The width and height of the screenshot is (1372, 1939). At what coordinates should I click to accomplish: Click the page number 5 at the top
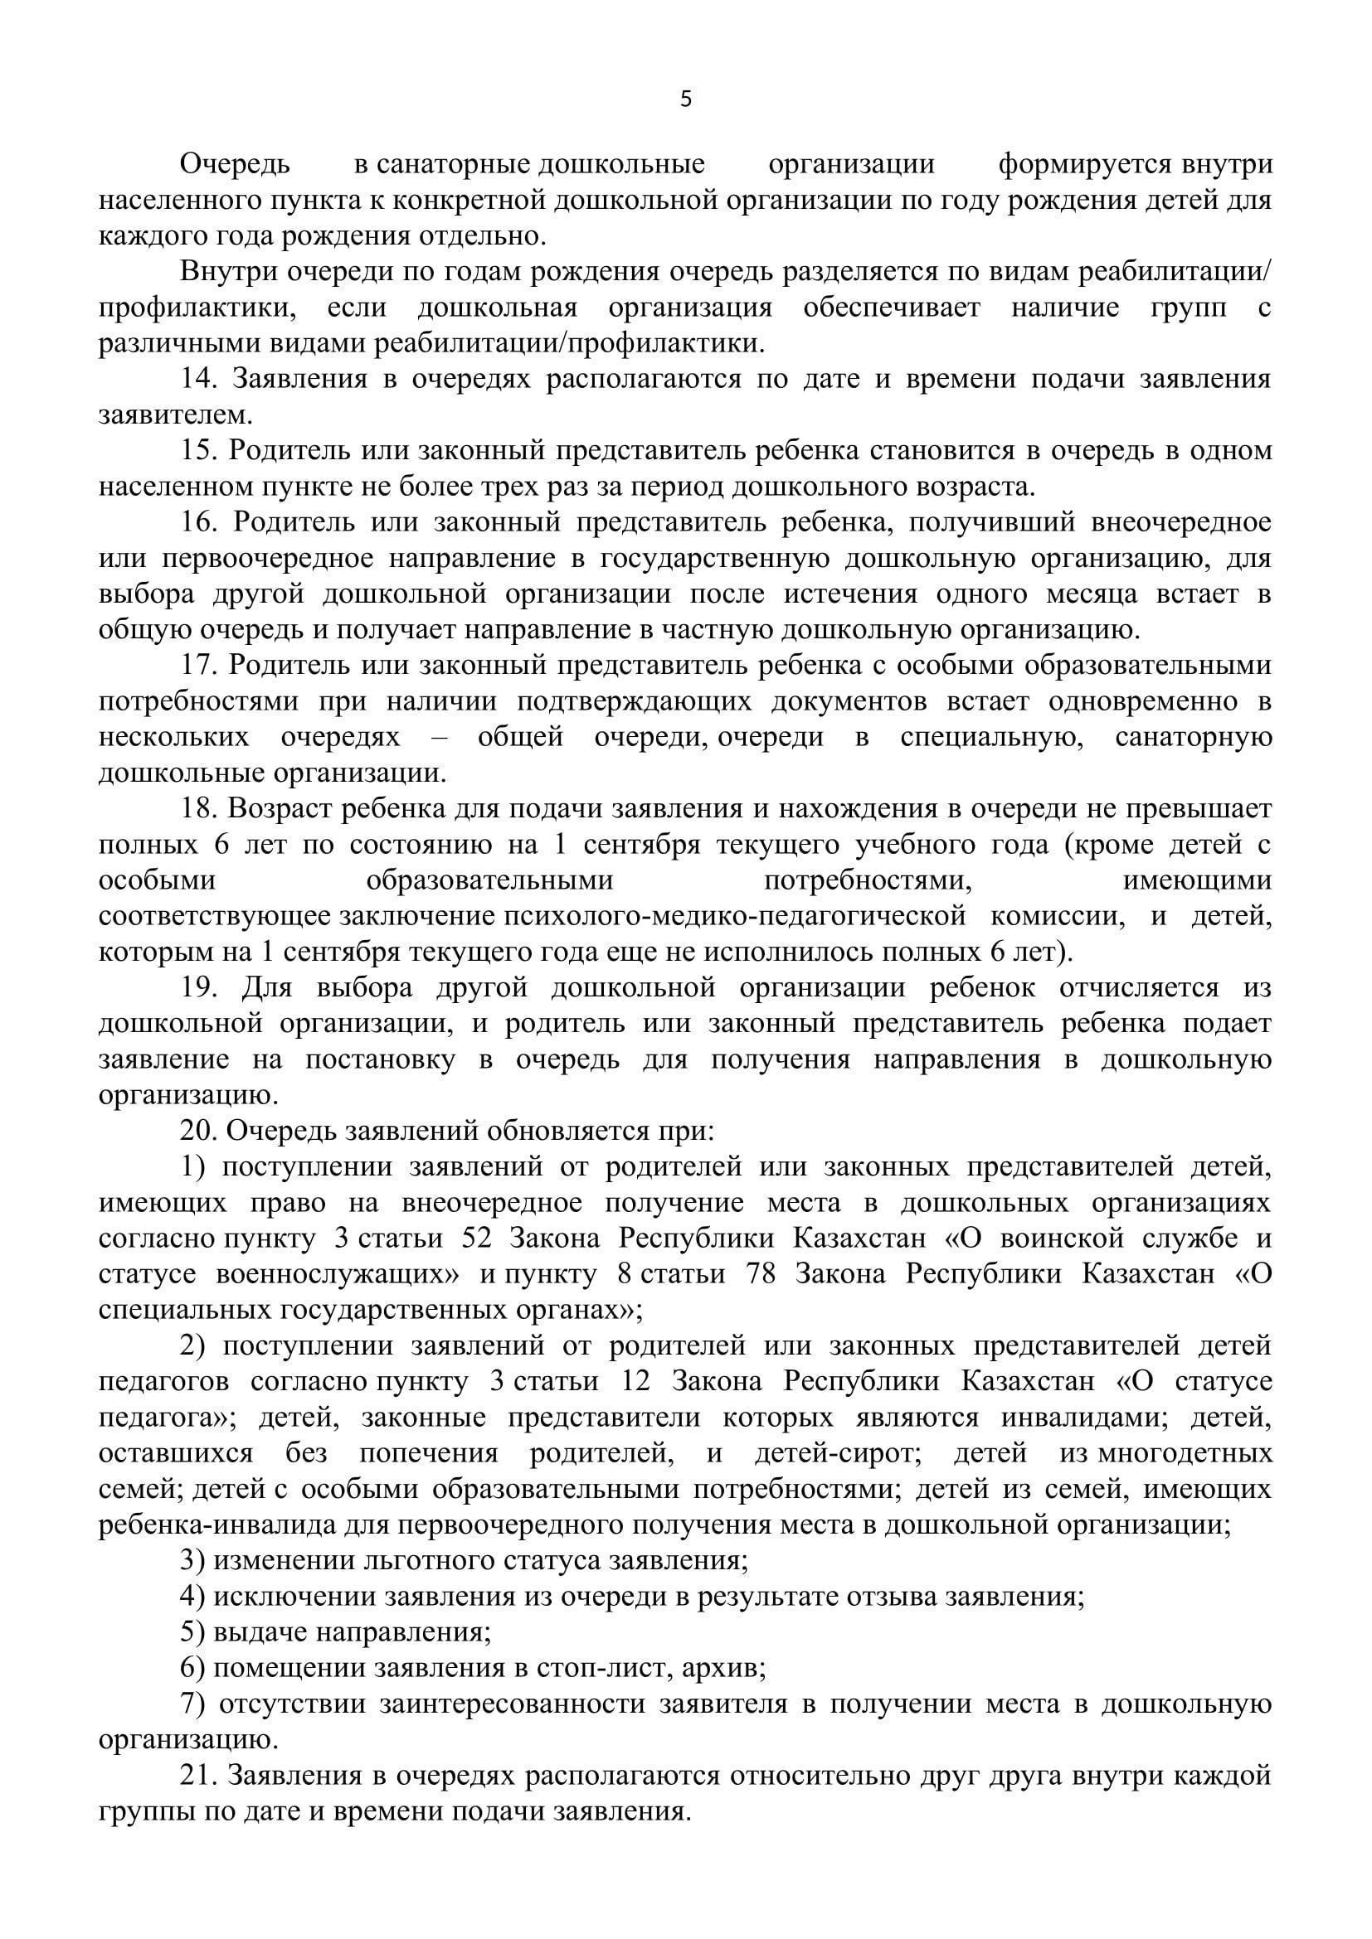[685, 100]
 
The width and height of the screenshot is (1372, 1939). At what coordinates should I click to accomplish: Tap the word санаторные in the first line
[453, 165]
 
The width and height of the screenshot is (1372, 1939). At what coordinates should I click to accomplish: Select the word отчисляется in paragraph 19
[1140, 987]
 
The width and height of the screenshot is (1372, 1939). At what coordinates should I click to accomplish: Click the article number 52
[478, 1239]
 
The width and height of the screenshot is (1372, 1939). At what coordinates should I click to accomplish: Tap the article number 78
[761, 1274]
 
